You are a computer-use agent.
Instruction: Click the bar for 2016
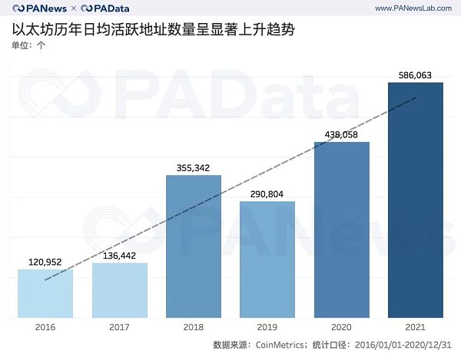coord(45,293)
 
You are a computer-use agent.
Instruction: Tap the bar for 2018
coord(194,246)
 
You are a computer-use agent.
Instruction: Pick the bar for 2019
coord(267,259)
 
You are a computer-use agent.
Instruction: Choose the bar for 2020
coord(342,230)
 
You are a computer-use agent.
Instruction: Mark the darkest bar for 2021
coord(416,200)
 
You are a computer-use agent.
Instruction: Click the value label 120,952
coord(45,261)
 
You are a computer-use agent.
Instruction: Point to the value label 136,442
coord(119,255)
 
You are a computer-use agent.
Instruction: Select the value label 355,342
coord(194,167)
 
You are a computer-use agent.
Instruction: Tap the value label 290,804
coord(267,193)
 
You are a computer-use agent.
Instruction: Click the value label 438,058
coord(342,134)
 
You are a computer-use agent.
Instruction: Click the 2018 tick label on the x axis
coord(194,325)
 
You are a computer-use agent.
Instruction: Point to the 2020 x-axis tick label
coord(342,325)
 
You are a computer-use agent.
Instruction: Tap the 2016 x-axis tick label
coord(45,325)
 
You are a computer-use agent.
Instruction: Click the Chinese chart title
coord(153,31)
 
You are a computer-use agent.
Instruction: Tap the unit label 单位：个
coord(28,45)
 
